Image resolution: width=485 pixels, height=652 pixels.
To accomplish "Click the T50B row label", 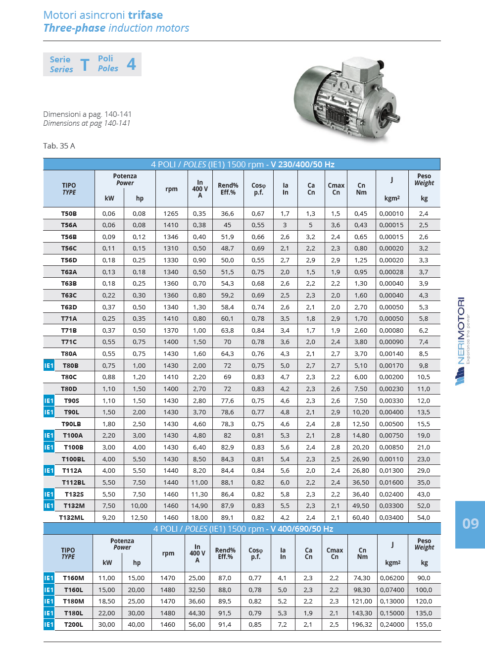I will click(x=69, y=214).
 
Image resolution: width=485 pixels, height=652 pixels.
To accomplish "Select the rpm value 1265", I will click(x=171, y=214).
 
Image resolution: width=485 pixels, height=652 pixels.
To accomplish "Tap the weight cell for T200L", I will click(x=424, y=625).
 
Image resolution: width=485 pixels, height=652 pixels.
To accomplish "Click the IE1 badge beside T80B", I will click(x=48, y=366).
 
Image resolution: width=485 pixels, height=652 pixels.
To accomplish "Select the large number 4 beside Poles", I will click(x=131, y=64).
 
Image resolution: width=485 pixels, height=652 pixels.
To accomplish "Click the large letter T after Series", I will click(x=85, y=65).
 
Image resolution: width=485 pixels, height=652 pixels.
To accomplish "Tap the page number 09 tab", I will click(x=470, y=524).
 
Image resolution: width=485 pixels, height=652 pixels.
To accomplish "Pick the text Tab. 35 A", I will click(x=59, y=146).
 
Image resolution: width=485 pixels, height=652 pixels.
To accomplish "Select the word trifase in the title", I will click(x=145, y=15).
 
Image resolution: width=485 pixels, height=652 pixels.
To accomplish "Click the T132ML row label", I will click(x=72, y=518).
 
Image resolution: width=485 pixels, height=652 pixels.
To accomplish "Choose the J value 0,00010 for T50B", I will click(x=391, y=214).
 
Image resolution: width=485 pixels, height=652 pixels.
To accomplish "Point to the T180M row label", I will click(x=74, y=602).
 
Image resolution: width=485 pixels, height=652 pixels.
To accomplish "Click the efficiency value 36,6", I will click(x=228, y=214).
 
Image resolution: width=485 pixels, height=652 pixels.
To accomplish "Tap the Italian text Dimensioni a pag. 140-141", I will click(x=87, y=114).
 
